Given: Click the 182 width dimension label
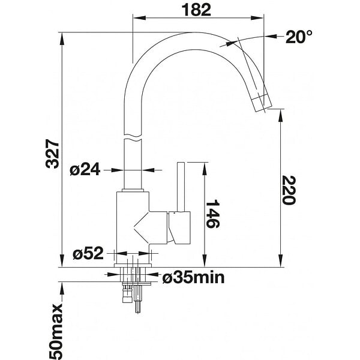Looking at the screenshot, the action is point(196,10).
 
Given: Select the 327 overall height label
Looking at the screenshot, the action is point(53,154).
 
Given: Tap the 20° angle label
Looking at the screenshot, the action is point(299,37).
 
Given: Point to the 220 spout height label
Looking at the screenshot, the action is point(289,190).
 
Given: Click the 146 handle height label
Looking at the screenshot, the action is point(212,214).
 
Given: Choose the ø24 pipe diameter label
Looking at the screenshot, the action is point(85,170).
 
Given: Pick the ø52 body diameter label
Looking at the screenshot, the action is point(88,253).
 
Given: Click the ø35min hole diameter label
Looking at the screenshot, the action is point(193,277).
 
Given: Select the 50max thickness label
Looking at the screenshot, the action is point(55,331).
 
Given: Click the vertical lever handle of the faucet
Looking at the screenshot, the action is point(181,187).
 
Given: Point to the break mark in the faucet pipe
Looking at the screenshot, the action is point(133,137).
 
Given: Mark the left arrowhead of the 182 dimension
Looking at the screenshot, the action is point(140,17).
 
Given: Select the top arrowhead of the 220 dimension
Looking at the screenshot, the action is point(281,116).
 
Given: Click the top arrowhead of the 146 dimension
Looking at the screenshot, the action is point(205,169).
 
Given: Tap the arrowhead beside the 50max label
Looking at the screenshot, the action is point(62,289).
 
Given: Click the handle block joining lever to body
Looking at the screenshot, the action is point(179,227).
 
